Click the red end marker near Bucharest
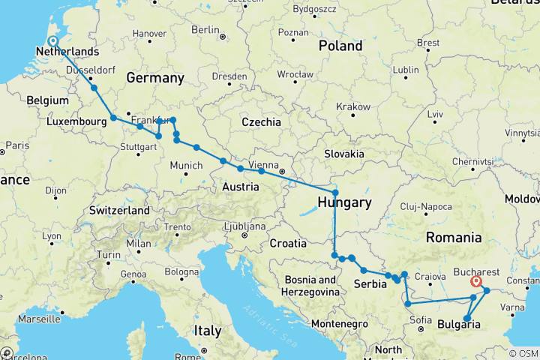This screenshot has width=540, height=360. coord(475,282)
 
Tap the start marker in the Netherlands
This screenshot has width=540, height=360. coord(52,41)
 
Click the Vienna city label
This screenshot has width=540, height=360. coord(263,164)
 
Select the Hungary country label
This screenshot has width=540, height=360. coord(344,202)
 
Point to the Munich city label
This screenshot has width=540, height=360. coord(185,165)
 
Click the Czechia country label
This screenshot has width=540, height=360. coord(261,121)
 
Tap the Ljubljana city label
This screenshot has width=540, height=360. coord(247,226)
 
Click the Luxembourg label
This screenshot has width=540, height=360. coord(74,121)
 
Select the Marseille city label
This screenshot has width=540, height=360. coord(34,319)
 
